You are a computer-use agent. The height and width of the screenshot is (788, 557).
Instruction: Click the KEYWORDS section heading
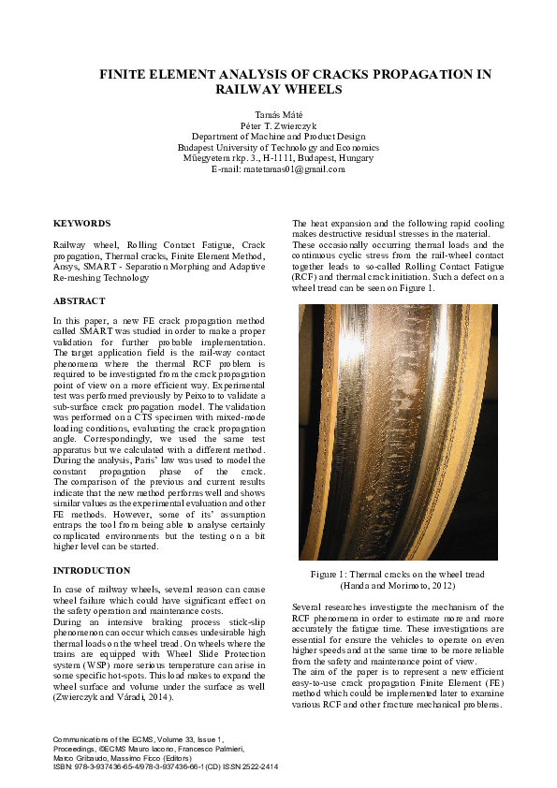(x=81, y=224)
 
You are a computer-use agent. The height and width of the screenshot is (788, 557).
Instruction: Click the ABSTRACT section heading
(x=79, y=301)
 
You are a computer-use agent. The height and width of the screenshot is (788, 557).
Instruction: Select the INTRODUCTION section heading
(x=92, y=570)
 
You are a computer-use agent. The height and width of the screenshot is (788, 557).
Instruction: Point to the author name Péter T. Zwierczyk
(x=278, y=124)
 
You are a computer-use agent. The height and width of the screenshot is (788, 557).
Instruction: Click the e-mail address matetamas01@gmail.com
(x=293, y=169)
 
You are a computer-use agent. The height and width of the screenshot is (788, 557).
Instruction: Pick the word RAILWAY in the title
(x=247, y=90)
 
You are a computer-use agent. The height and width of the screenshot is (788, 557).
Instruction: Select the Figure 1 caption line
(x=398, y=574)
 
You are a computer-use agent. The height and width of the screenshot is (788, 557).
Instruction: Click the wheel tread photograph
(x=398, y=431)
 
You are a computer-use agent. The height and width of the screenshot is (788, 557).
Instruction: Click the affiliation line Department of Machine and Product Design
(x=278, y=136)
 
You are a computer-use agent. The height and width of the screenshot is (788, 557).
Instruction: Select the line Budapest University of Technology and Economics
(x=278, y=147)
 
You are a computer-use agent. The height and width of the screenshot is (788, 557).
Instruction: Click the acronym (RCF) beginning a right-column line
(x=303, y=278)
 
